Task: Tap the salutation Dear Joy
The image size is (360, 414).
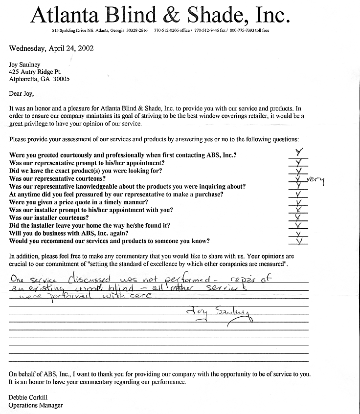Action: pos(22,94)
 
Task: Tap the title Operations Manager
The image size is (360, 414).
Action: pos(36,405)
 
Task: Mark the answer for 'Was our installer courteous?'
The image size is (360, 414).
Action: pos(298,217)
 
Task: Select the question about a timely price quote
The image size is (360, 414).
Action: pos(79,202)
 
